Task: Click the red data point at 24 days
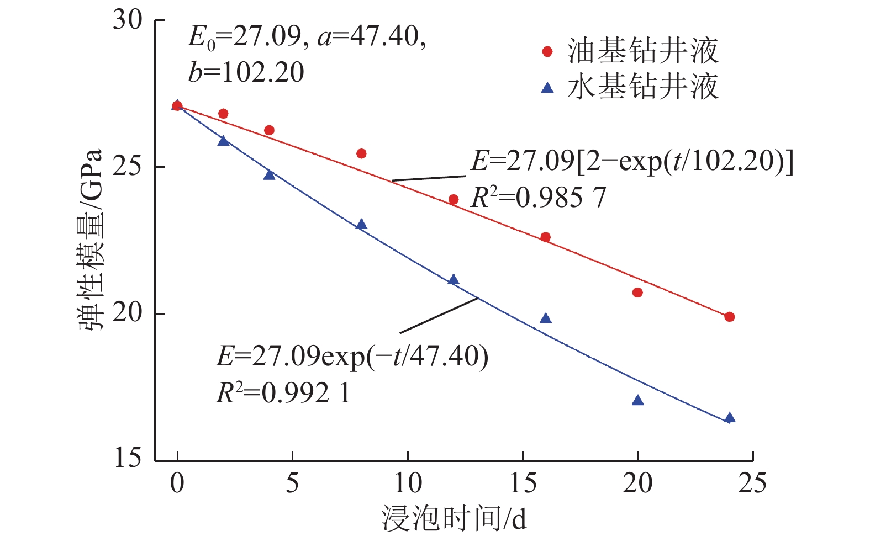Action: tap(729, 317)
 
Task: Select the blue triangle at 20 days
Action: tap(637, 400)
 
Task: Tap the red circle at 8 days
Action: tap(361, 153)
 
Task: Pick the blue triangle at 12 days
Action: tap(454, 280)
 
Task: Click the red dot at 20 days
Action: tap(637, 293)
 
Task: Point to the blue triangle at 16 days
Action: tap(546, 318)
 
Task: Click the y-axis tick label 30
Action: tap(128, 20)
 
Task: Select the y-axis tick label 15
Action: tap(128, 458)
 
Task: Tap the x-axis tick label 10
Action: tap(408, 483)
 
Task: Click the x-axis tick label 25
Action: tap(752, 483)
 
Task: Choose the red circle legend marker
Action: tap(547, 51)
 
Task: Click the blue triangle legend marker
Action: tap(547, 88)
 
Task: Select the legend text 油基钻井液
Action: tap(642, 51)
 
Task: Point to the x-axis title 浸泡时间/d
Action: tap(454, 519)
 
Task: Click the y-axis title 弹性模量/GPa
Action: tap(91, 240)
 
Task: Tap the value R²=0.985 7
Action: tap(538, 198)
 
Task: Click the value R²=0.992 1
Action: tap(283, 393)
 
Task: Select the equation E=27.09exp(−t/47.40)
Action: tap(352, 356)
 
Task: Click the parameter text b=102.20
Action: tap(246, 72)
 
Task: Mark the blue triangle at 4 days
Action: tap(269, 175)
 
